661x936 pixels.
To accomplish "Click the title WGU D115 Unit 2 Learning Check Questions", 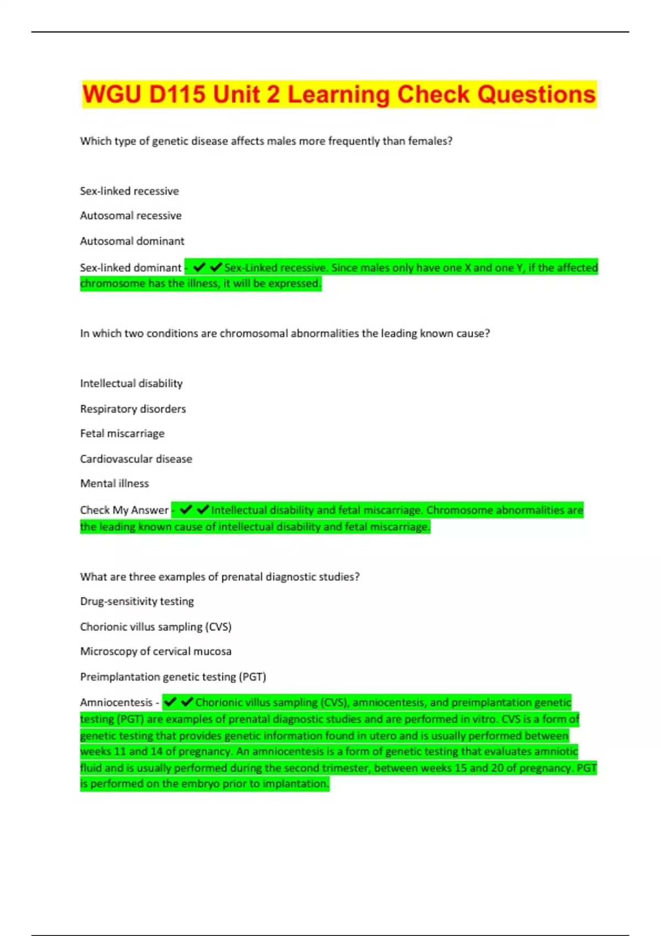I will click(339, 95).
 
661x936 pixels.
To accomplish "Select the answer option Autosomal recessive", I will click(131, 216).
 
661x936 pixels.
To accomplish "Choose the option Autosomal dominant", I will click(132, 241).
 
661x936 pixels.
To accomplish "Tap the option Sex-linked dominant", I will click(131, 268).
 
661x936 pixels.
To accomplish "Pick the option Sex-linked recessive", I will click(129, 191).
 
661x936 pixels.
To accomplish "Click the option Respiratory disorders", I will click(133, 409).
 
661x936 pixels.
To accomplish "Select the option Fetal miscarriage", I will click(122, 434).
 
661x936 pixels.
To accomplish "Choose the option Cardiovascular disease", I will click(136, 459).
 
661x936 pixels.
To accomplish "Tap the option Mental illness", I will click(115, 484).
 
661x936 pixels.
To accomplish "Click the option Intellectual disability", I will click(131, 384).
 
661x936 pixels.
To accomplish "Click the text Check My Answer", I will click(124, 510).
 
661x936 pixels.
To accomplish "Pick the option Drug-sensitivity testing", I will click(137, 602).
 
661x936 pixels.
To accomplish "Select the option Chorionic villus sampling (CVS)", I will click(155, 627).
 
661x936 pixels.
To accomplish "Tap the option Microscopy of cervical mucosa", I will click(155, 652).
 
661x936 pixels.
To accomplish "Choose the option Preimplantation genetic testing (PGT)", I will click(173, 677).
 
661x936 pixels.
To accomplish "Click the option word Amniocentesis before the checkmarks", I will click(116, 703).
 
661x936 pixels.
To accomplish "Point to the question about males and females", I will click(266, 142).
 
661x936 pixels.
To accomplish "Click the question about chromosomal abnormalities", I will click(285, 334).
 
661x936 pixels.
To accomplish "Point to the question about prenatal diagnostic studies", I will click(220, 577).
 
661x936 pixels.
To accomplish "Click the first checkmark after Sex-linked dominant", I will click(199, 268).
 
